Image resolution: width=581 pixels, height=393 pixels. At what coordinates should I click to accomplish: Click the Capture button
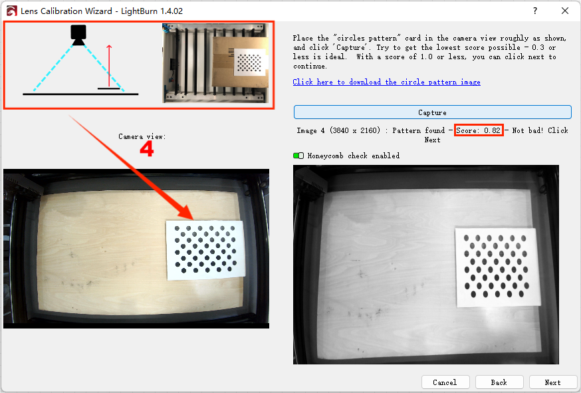(x=432, y=112)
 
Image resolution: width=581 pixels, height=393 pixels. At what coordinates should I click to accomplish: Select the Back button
(x=499, y=382)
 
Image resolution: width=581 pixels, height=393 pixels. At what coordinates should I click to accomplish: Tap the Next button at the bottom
(x=552, y=382)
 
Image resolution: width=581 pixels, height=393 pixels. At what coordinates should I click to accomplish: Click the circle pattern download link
(x=386, y=82)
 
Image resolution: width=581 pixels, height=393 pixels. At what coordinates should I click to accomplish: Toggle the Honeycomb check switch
(x=298, y=156)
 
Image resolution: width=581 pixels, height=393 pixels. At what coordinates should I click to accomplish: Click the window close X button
(x=564, y=11)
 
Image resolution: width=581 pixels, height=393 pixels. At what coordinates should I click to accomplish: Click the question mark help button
(x=535, y=11)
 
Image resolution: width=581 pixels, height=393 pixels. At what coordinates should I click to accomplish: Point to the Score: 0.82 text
(x=479, y=130)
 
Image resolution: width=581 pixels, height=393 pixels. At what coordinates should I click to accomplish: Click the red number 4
(x=147, y=149)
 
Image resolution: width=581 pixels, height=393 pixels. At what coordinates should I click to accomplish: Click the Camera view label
(x=142, y=136)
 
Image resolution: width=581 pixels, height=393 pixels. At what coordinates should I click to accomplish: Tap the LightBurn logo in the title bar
(x=11, y=11)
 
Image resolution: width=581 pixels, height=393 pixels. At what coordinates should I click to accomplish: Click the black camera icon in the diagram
(x=78, y=35)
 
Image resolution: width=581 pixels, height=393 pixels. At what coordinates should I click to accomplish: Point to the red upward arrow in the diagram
(x=109, y=66)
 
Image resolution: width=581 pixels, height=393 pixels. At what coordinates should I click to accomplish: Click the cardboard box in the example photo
(x=240, y=63)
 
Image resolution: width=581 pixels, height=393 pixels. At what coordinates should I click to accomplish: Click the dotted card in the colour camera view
(x=205, y=250)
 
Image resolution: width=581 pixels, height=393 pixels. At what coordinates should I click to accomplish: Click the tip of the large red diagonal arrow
(x=193, y=219)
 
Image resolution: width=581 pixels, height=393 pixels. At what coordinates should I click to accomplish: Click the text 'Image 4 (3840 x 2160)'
(x=338, y=130)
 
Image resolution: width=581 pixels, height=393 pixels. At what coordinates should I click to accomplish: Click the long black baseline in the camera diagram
(x=80, y=94)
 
